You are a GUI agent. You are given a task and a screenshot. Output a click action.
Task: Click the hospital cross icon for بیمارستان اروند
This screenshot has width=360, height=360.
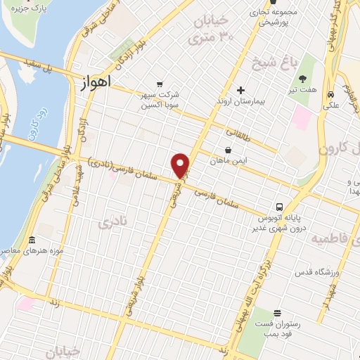pos(240,90)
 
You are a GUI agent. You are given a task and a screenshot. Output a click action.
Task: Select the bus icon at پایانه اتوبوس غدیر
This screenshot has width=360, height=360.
pos(280,207)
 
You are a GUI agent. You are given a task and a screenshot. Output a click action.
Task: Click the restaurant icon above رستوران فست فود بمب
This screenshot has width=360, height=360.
pos(277,312)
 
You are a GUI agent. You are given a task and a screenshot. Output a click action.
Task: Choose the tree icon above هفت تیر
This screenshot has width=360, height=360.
pos(304,79)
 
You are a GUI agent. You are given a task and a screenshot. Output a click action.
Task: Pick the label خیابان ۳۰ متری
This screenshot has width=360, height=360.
pos(212,31)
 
